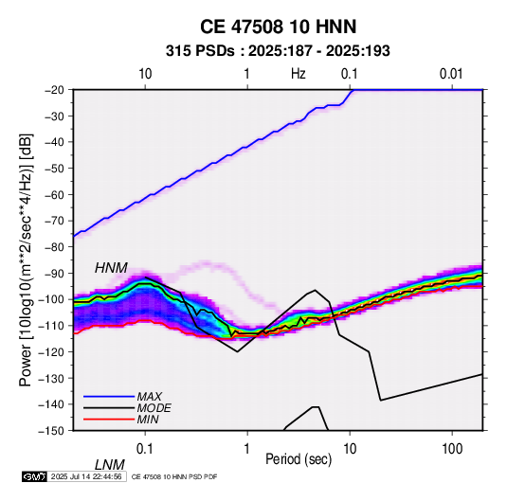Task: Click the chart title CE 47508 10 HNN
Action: coord(278,27)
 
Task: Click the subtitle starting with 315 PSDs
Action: coord(278,51)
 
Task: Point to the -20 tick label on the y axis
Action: coord(54,90)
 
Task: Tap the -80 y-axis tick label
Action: coord(54,247)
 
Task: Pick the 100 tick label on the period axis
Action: coord(452,449)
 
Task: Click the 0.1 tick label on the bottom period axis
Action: coord(145,449)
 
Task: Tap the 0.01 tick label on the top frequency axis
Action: coord(451,74)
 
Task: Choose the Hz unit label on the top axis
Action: coord(299,74)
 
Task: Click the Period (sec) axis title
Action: coord(299,459)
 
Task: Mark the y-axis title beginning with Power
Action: coord(26,260)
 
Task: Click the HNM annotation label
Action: coord(111,268)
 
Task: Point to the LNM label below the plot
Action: coord(110,465)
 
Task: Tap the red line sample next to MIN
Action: coord(109,420)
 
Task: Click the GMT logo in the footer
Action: coord(34,476)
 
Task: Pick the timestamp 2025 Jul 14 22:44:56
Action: coord(86,476)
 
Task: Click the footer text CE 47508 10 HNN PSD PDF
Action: coord(174,476)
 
